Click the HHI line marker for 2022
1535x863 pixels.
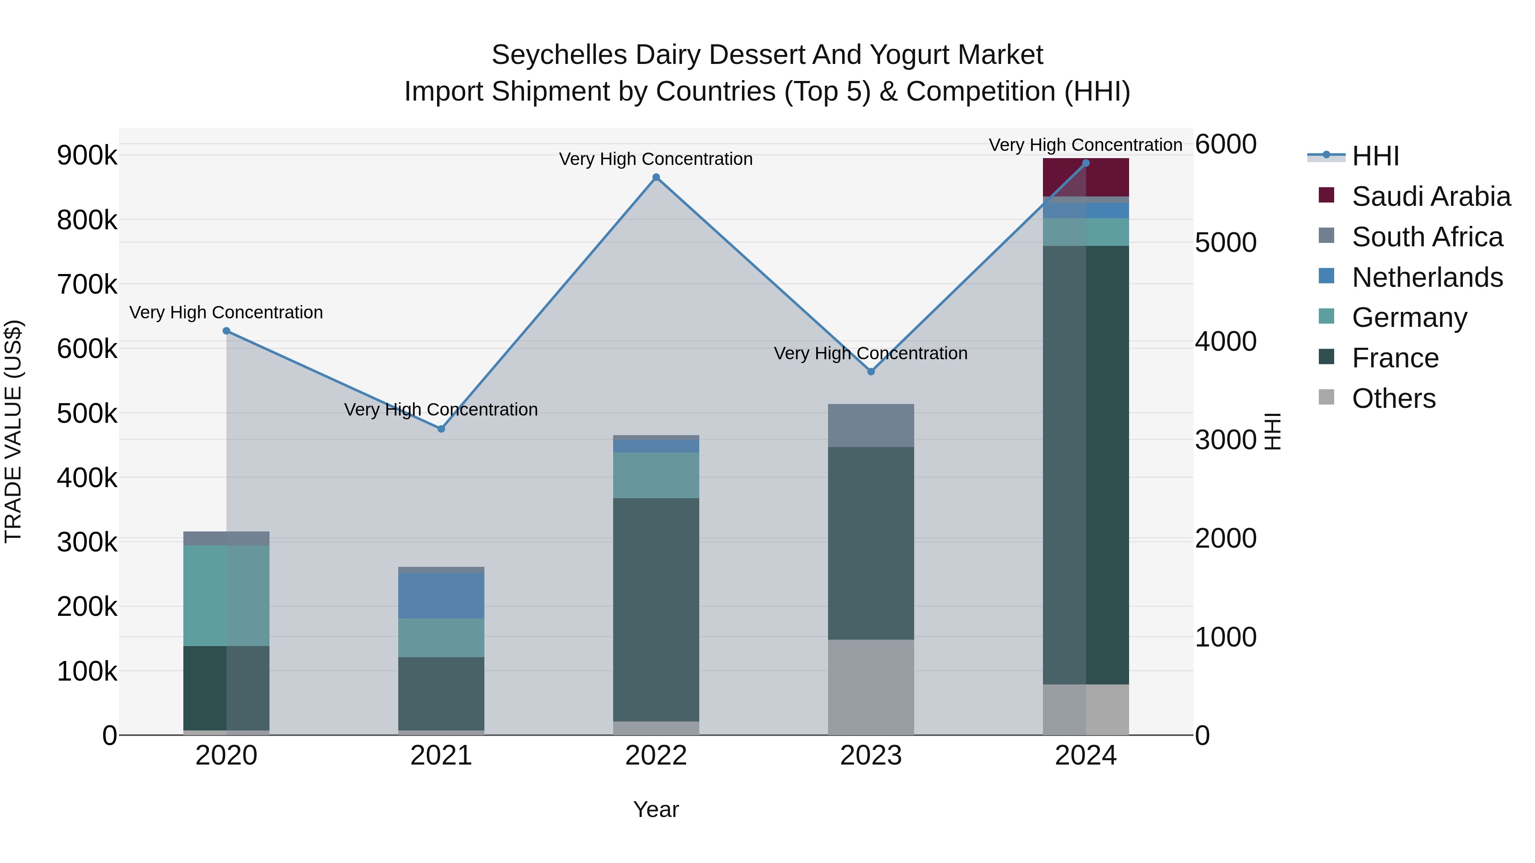tap(656, 177)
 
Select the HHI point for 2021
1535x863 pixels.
tap(441, 429)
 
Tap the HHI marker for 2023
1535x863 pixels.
tap(871, 372)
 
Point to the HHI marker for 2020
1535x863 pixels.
tap(226, 331)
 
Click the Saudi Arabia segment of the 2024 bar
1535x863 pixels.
tap(1086, 177)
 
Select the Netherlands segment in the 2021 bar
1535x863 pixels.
tap(441, 596)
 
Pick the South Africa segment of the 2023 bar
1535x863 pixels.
tap(871, 425)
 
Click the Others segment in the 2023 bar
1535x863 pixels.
tap(871, 687)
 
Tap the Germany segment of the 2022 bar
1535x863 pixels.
tap(656, 475)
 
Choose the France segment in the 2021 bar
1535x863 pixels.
tap(441, 693)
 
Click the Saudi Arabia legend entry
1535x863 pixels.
tap(1431, 196)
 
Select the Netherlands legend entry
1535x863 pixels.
tap(1427, 277)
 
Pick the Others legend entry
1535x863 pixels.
tap(1393, 398)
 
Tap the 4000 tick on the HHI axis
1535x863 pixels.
tap(1225, 341)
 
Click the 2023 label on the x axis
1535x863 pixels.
tap(871, 756)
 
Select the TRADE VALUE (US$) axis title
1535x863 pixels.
tap(13, 431)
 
